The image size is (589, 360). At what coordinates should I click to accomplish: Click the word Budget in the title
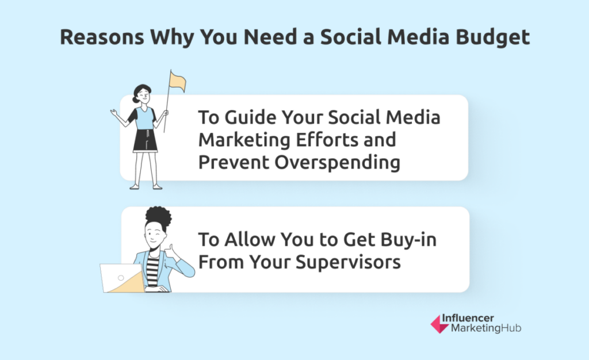(x=492, y=37)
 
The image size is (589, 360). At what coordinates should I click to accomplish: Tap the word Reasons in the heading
(x=102, y=37)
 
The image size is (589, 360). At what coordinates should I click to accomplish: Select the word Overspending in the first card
(x=337, y=163)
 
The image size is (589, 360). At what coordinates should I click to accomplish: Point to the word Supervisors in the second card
(x=348, y=262)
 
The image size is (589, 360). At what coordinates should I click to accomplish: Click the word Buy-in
(x=408, y=240)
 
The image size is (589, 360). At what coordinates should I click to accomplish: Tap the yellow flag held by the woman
(x=177, y=82)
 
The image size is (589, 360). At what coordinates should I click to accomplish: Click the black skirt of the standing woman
(x=145, y=141)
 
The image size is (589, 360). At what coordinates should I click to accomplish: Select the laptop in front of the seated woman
(x=123, y=278)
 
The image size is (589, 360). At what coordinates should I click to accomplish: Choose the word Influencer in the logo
(x=468, y=319)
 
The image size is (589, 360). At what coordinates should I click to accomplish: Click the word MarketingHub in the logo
(x=486, y=328)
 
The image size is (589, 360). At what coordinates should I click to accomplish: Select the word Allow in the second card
(x=250, y=239)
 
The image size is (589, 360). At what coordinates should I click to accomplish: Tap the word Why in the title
(x=171, y=37)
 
